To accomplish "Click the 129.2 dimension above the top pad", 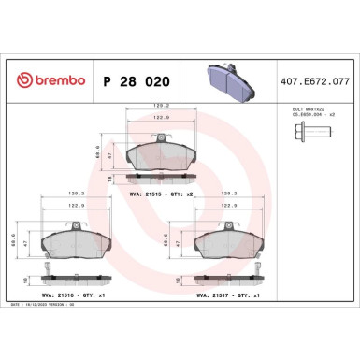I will coord(161,106).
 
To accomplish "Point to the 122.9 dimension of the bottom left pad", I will coord(78,203).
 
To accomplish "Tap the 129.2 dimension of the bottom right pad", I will coord(230,194).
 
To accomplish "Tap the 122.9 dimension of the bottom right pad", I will coord(230,203).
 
